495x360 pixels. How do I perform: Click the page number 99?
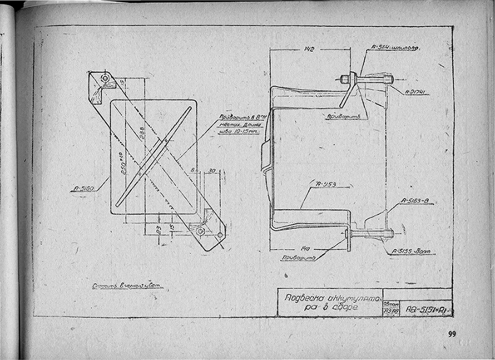click(x=452, y=334)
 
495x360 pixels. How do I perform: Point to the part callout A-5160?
click(x=83, y=189)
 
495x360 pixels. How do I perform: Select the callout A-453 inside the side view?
click(x=326, y=183)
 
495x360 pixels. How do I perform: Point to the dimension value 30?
click(x=212, y=171)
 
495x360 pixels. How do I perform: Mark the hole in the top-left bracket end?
click(x=105, y=78)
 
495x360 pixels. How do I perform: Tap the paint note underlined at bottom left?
click(x=127, y=286)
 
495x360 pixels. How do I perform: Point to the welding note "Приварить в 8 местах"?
click(x=240, y=124)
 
